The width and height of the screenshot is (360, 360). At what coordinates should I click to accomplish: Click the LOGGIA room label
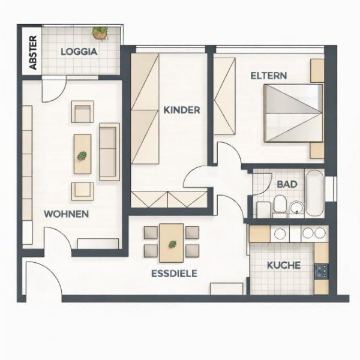[79, 52]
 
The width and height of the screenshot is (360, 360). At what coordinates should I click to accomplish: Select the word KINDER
[181, 110]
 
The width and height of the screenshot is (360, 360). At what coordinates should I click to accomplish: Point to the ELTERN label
[268, 76]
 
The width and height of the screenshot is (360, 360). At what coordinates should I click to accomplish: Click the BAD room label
[287, 184]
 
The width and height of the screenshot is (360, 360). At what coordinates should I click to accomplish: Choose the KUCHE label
[283, 265]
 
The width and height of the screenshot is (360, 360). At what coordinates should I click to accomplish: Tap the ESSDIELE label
[175, 273]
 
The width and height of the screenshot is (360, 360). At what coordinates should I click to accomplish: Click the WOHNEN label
[67, 214]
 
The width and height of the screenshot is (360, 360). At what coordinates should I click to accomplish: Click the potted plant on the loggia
[100, 32]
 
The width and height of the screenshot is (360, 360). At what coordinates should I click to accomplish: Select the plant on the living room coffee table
[82, 155]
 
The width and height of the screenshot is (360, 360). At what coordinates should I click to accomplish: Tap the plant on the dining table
[172, 244]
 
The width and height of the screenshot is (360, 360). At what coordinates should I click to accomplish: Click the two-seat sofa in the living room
[109, 151]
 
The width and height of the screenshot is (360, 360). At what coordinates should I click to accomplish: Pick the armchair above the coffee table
[82, 112]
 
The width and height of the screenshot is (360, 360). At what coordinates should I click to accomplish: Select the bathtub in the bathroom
[314, 193]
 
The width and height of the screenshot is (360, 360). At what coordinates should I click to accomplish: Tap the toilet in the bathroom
[279, 208]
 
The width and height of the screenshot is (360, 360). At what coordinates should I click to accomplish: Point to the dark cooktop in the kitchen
[321, 271]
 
